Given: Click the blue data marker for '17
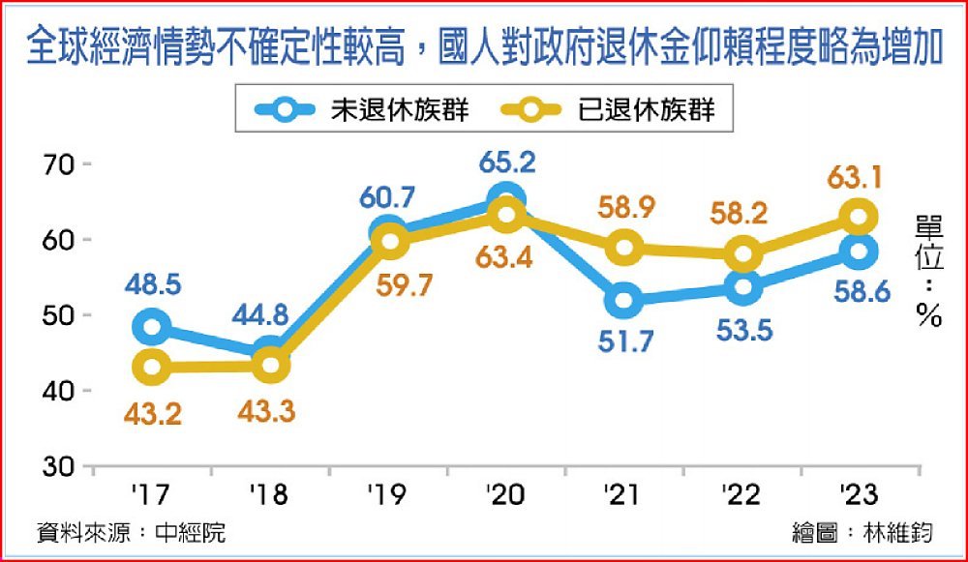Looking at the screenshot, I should click(x=151, y=327).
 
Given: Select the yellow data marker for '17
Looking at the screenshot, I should click(x=151, y=366).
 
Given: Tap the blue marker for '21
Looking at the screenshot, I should click(x=623, y=300).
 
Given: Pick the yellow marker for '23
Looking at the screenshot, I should click(x=857, y=216).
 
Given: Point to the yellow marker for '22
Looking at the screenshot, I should click(x=741, y=254).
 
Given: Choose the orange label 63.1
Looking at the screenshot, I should click(x=856, y=180).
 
